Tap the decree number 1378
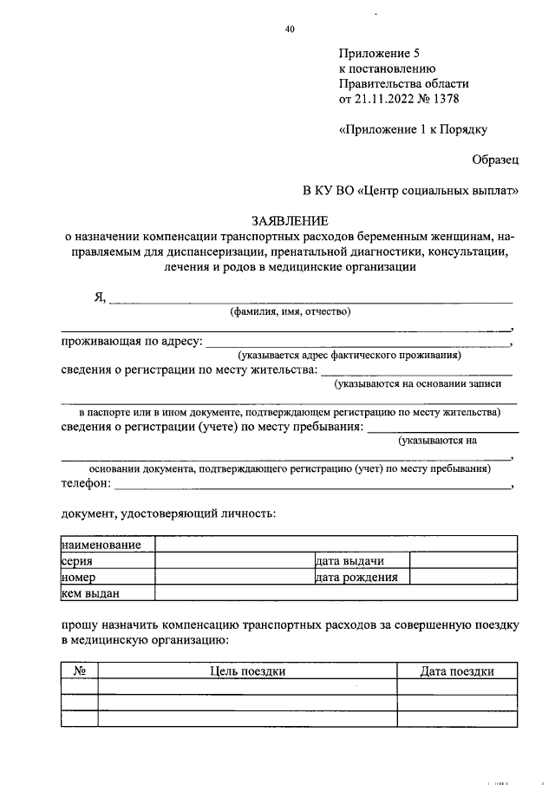(442, 99)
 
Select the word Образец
(495, 160)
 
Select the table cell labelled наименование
(101, 545)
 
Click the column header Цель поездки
(247, 671)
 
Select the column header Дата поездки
(457, 671)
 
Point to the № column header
(79, 671)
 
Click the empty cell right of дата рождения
(463, 578)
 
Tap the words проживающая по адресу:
(131, 342)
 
